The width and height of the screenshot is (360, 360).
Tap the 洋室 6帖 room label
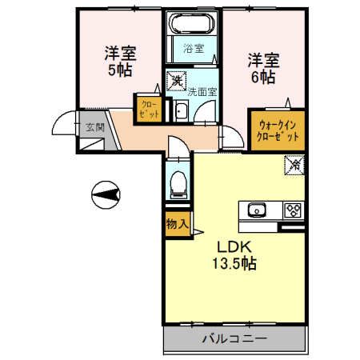coord(263,68)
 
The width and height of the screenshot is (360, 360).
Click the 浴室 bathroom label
coord(194,49)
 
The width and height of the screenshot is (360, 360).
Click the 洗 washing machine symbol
coord(175,80)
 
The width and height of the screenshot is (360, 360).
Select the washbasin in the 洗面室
coord(180,112)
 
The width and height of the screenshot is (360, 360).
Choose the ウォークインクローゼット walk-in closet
coord(278,131)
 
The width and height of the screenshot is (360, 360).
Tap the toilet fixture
coord(177,184)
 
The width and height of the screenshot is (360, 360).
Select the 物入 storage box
coord(177,225)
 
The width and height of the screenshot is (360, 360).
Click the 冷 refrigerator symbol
coord(294,166)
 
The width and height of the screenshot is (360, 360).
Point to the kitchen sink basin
coord(258,211)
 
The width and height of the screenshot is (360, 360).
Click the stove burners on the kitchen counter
coord(292,211)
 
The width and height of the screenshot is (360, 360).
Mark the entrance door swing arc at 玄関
coord(62,124)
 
